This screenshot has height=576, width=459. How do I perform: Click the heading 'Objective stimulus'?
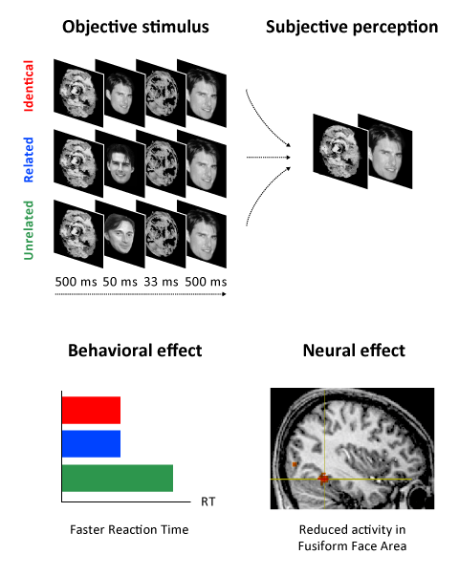[136, 27]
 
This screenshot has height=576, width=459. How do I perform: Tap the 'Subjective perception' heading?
[352, 28]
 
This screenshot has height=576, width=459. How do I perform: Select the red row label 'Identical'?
[29, 86]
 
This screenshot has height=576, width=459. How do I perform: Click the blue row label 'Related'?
[29, 160]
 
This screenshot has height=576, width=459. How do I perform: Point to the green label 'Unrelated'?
[29, 230]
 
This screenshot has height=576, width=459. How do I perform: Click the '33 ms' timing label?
[161, 282]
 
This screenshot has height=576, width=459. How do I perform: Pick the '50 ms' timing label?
[120, 282]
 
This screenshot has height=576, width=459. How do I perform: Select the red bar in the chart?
[91, 410]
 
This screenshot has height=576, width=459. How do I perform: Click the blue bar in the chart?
[91, 444]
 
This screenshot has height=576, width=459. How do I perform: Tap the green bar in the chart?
[118, 478]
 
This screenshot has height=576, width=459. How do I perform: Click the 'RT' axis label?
[208, 501]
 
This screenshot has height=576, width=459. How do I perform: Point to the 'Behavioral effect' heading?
[135, 351]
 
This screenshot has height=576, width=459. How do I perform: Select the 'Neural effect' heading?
[354, 351]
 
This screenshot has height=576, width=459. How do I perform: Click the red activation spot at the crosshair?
[323, 479]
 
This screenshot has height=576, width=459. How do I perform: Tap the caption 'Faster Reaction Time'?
[129, 530]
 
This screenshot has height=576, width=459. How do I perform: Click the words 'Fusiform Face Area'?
[352, 546]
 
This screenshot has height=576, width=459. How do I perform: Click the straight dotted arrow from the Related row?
[269, 158]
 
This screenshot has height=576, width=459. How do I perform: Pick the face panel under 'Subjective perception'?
[385, 151]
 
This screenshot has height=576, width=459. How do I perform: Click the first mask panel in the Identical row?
[78, 93]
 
